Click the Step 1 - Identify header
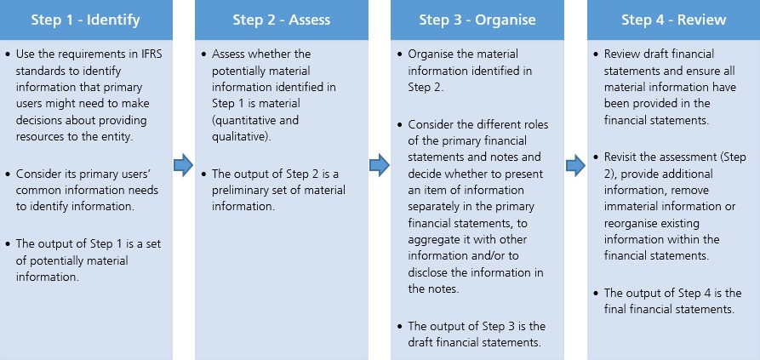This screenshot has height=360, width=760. (86, 20)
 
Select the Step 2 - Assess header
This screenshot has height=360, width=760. (282, 20)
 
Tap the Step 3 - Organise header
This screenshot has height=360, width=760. (477, 20)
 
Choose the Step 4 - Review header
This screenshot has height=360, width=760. (674, 20)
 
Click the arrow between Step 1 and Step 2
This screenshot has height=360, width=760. (184, 166)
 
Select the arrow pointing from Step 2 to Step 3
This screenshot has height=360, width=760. (380, 166)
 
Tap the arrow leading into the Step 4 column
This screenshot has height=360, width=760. (576, 166)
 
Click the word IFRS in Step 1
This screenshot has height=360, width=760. (151, 54)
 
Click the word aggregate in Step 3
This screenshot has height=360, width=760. (431, 240)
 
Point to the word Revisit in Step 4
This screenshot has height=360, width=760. (619, 157)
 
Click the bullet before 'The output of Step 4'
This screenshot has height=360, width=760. (596, 293)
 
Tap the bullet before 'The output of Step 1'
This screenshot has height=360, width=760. (8, 243)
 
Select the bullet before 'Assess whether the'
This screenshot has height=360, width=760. (203, 54)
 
